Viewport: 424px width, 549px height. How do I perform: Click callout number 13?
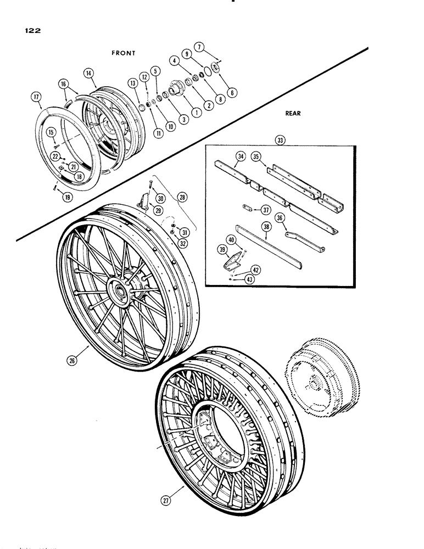click(x=132, y=82)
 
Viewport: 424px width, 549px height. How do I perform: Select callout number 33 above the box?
click(x=282, y=141)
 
